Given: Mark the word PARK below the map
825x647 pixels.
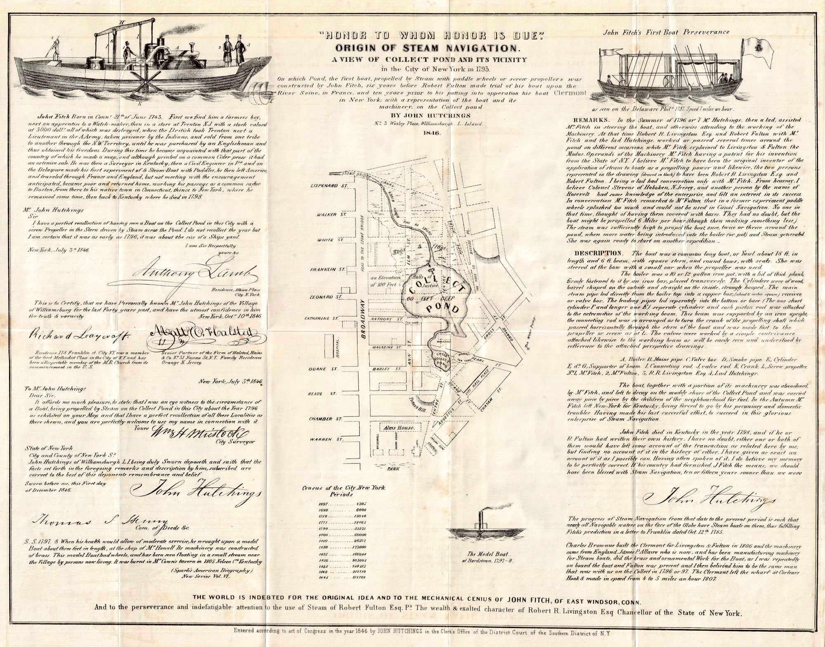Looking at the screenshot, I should (396, 468).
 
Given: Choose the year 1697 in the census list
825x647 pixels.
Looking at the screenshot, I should (323, 504).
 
